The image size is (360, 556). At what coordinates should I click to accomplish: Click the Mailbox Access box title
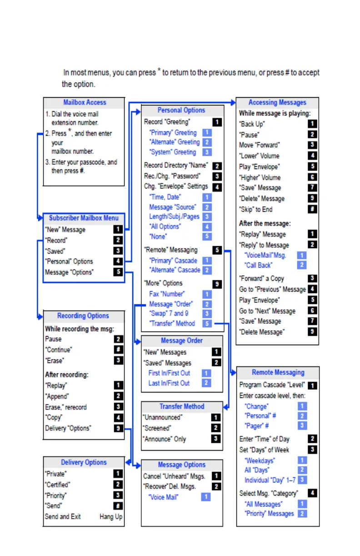coord(84,103)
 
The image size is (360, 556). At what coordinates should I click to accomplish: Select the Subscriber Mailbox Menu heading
coord(84,218)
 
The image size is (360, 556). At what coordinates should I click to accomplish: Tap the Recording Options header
coord(83,316)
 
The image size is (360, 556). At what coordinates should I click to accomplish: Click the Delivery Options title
coord(84,462)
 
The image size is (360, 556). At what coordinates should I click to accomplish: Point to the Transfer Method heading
coord(182,407)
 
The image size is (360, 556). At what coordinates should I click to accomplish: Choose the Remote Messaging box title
coord(278,372)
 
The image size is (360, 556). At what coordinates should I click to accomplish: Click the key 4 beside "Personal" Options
coord(118,262)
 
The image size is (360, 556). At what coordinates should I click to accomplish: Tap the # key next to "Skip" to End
coord(312,209)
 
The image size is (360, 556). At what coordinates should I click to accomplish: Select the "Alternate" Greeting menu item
coord(175,142)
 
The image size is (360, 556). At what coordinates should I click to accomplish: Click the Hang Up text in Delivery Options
coord(111,517)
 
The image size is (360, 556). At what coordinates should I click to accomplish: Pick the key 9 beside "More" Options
coord(217,283)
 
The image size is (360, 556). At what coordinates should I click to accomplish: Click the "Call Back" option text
coord(258,265)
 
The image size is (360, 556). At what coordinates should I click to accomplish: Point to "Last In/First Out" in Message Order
coord(169,383)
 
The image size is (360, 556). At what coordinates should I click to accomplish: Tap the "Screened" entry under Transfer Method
coord(157,428)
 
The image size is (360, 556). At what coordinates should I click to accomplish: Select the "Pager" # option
coord(257,426)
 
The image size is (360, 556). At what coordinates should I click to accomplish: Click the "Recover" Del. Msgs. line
coord(170,486)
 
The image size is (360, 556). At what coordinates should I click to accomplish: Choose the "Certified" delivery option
coord(58,485)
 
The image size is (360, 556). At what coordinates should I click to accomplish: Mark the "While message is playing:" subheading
coord(275,114)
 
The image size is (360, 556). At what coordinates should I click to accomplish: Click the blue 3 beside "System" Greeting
coord(207,152)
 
